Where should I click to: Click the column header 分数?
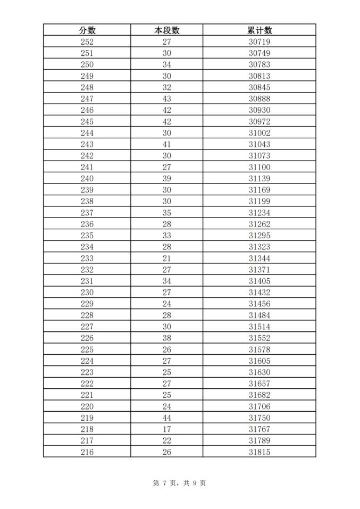pos(87,30)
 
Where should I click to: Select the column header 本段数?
pos(166,30)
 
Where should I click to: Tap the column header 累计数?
pos(259,30)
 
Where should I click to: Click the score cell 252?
pos(87,42)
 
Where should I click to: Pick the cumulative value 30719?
pos(259,42)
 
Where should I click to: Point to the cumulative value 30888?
pos(259,99)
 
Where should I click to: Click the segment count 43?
pos(166,99)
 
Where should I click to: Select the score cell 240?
pos(87,179)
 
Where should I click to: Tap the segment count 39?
pos(166,179)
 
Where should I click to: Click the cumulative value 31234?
pos(259,213)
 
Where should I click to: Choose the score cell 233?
pos(87,258)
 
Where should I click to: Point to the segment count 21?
pos(166,258)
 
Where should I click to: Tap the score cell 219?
pos(87,418)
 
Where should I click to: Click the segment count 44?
pos(166,418)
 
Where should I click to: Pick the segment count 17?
pos(166,429)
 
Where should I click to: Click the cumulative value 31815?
pos(259,452)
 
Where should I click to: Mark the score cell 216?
pos(87,452)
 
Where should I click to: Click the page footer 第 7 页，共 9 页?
pos(179,483)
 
